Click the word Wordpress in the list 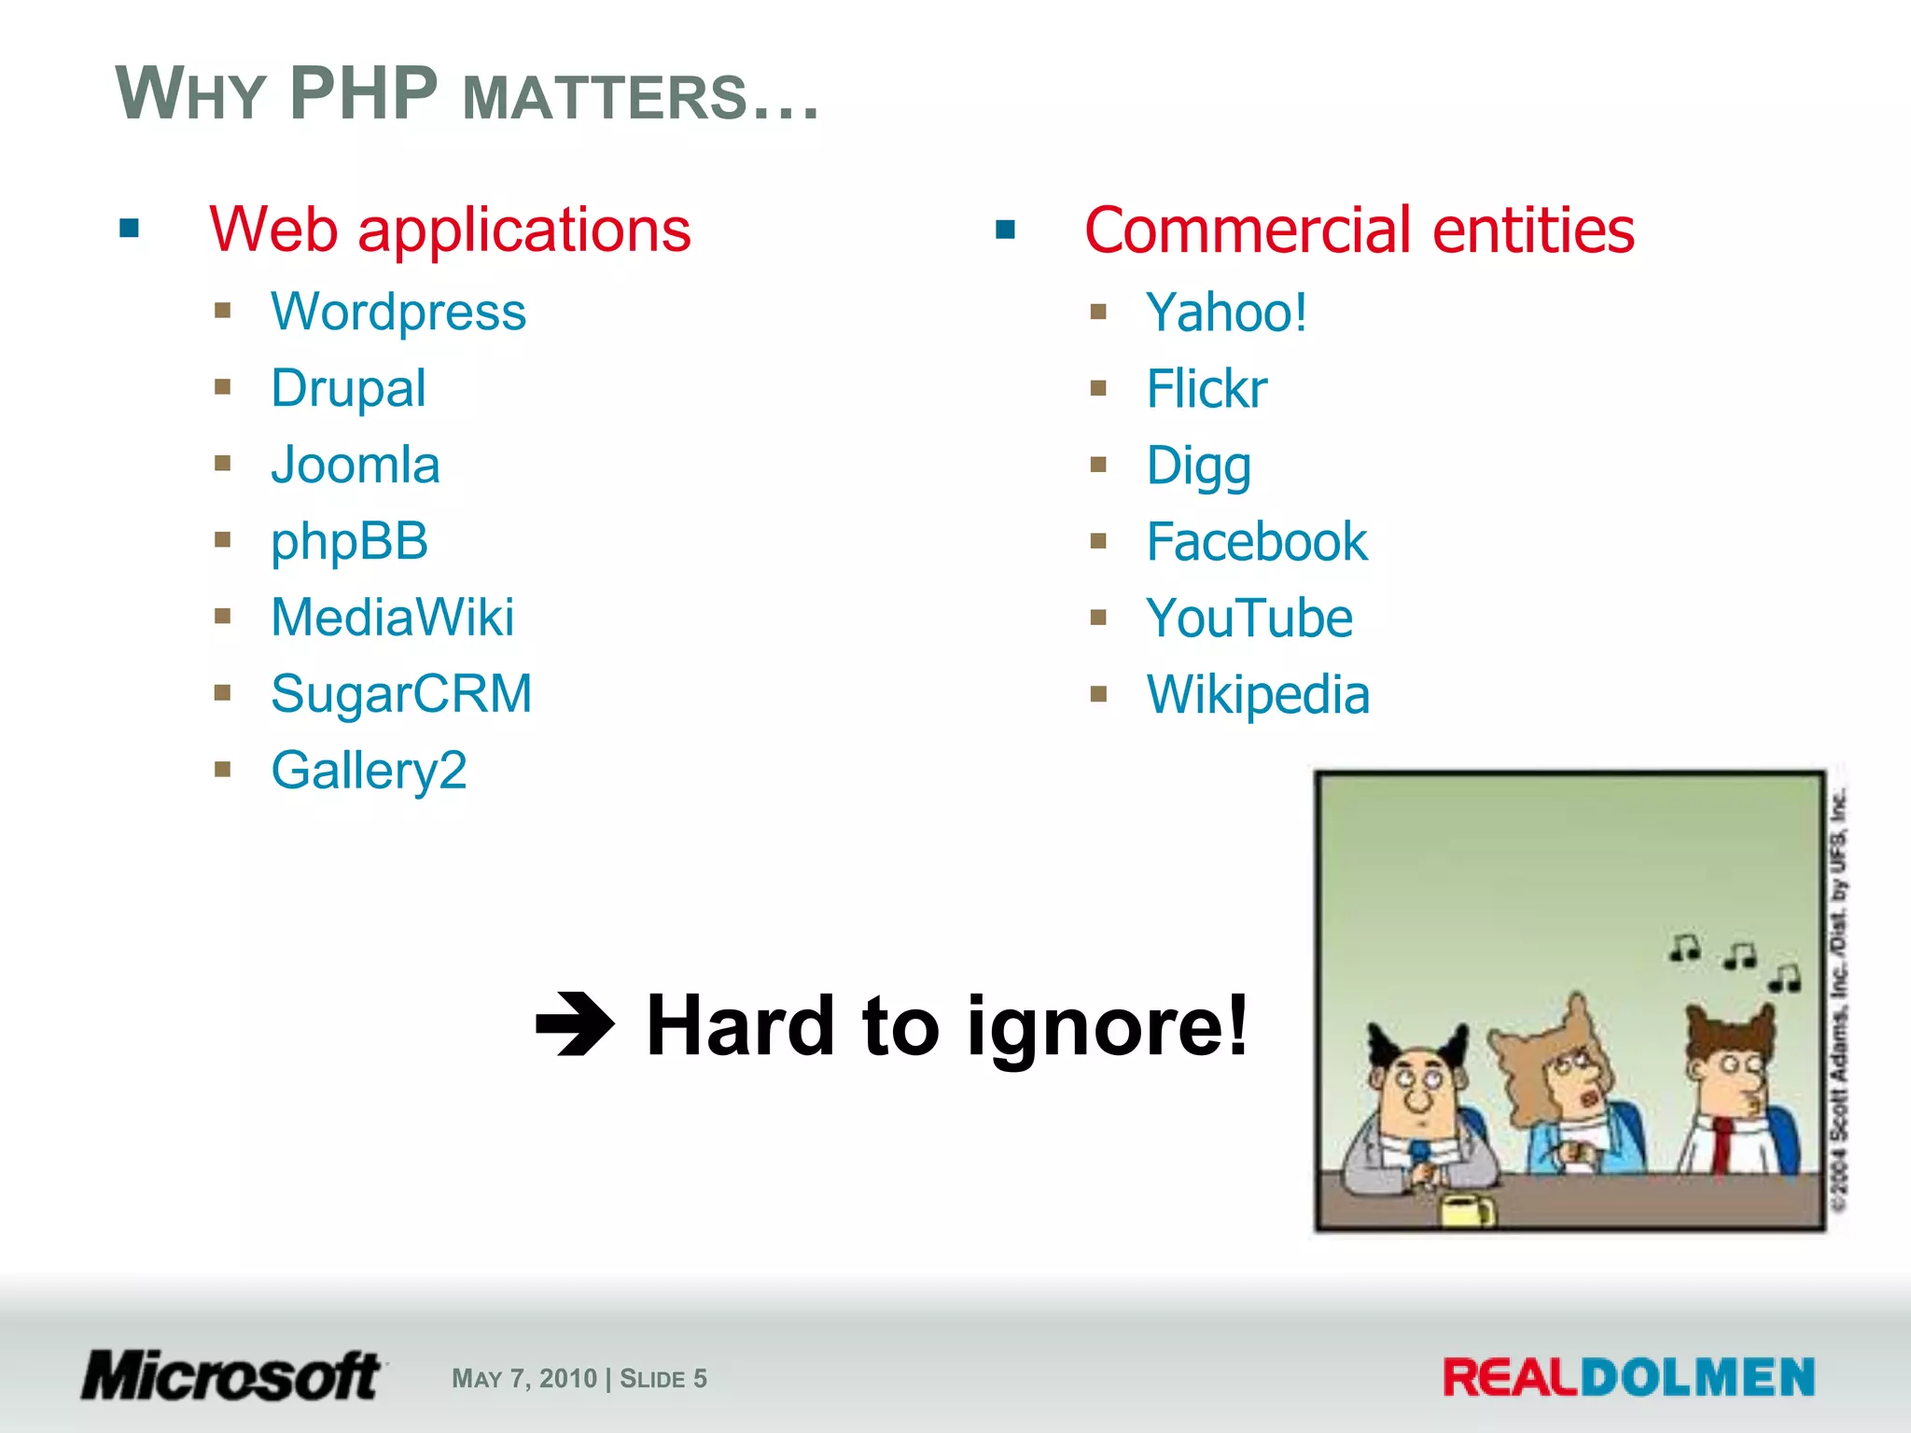[x=398, y=313]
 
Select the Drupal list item [x=348, y=389]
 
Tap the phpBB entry [x=349, y=542]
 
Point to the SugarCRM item [x=401, y=694]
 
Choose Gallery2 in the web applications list [x=369, y=771]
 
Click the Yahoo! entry [x=1226, y=313]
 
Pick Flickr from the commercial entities [x=1207, y=389]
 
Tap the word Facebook [x=1257, y=542]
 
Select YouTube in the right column [x=1249, y=619]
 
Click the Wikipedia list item [x=1258, y=695]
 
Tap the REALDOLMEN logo [x=1628, y=1378]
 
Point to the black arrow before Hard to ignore [x=575, y=1024]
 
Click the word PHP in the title [x=363, y=94]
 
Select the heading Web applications [x=450, y=230]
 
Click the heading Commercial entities [x=1359, y=230]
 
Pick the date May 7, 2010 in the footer [x=524, y=1379]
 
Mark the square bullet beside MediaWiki [x=222, y=617]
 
